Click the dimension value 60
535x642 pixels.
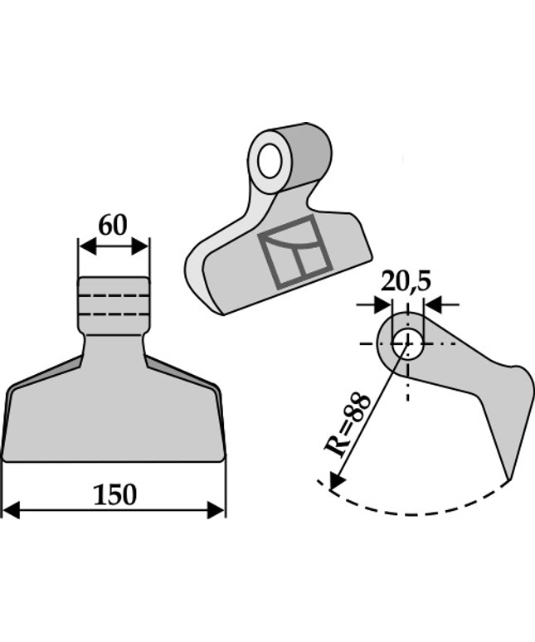(113, 225)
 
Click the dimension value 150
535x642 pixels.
(114, 495)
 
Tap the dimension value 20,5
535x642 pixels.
(406, 282)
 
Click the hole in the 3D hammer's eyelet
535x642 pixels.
(269, 160)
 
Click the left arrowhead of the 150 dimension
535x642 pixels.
(10, 509)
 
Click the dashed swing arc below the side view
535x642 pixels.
(415, 511)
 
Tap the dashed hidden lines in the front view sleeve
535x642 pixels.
(114, 306)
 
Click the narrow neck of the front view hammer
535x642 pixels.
(114, 347)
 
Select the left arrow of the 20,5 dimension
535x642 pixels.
(382, 305)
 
